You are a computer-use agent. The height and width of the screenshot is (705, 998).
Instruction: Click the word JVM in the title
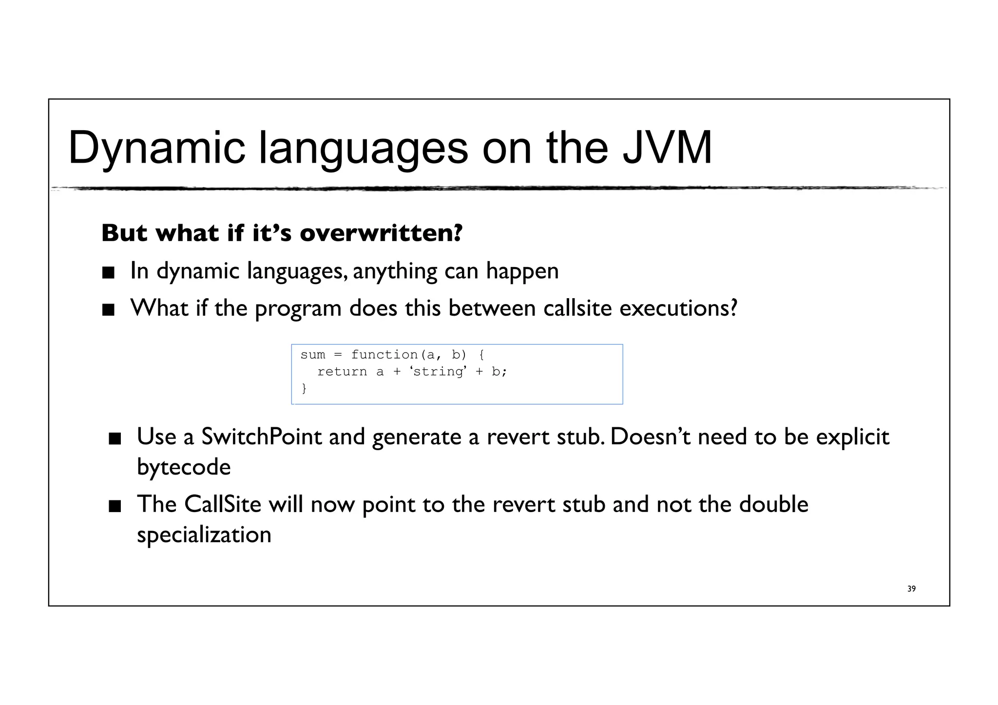click(667, 148)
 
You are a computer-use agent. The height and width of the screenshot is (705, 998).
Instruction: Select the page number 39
click(911, 589)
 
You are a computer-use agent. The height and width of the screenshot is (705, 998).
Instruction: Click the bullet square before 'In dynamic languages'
click(108, 273)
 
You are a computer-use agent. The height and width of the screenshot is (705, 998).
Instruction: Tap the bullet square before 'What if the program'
click(108, 310)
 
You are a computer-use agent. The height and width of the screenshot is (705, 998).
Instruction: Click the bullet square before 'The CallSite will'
click(115, 507)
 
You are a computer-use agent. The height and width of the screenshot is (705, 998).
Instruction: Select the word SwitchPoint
click(261, 437)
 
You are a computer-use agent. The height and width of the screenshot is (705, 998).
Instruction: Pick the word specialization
click(204, 535)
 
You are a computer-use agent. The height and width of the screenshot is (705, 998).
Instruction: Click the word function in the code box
click(384, 355)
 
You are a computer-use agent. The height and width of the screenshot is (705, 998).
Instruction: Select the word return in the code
click(342, 372)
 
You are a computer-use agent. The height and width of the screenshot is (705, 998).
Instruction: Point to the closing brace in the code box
click(304, 388)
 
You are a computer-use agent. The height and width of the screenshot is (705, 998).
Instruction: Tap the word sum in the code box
click(312, 355)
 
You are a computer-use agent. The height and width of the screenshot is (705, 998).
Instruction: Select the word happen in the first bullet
click(522, 271)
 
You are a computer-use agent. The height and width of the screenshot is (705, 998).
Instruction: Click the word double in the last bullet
click(773, 504)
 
